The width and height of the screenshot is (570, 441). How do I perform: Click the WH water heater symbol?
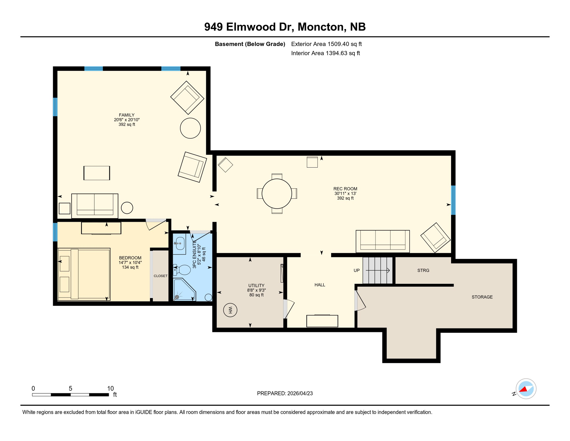click(x=230, y=310)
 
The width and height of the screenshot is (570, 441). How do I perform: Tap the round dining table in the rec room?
click(x=277, y=194)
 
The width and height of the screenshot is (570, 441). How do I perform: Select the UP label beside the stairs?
click(x=356, y=270)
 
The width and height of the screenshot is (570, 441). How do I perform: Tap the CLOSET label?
click(x=160, y=276)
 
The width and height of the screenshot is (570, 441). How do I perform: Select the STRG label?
click(x=423, y=270)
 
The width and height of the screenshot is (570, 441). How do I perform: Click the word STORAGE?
click(x=482, y=297)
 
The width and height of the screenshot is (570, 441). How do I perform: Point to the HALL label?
click(x=320, y=285)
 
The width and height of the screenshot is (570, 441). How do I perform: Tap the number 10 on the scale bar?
click(x=110, y=388)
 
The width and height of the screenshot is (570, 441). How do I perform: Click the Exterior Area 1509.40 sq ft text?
click(x=326, y=44)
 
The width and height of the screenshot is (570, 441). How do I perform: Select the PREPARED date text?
click(x=285, y=393)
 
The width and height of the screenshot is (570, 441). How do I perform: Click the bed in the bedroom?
click(x=84, y=274)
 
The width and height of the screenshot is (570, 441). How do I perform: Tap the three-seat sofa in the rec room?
click(x=382, y=241)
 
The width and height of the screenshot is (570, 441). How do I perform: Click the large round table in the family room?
click(x=190, y=128)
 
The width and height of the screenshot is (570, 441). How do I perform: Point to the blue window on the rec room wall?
click(x=453, y=200)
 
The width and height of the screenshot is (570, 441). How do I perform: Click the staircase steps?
click(x=377, y=270)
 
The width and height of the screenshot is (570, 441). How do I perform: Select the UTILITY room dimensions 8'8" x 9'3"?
click(x=256, y=290)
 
